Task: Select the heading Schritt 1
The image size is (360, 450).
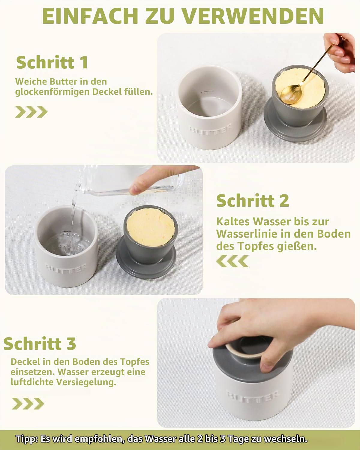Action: [52, 62]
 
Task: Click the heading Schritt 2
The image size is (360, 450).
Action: [253, 200]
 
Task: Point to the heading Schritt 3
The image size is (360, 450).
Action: [40, 343]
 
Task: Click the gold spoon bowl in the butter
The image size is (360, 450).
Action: [291, 94]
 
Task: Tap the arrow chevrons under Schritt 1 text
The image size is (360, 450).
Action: [31, 112]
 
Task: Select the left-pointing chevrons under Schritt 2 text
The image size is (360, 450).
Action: [232, 261]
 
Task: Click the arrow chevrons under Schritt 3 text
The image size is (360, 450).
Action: [28, 403]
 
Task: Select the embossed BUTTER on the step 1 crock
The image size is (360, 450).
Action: [210, 129]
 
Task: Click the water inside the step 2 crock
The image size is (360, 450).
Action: [67, 244]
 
